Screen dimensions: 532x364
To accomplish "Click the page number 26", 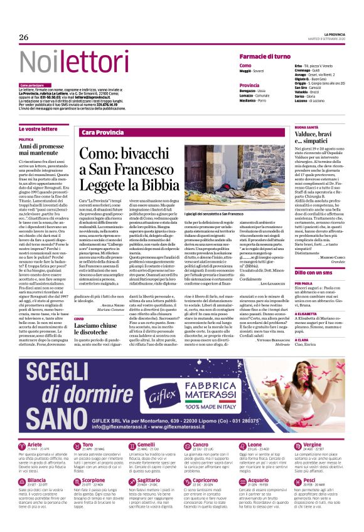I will coord(23,38).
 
